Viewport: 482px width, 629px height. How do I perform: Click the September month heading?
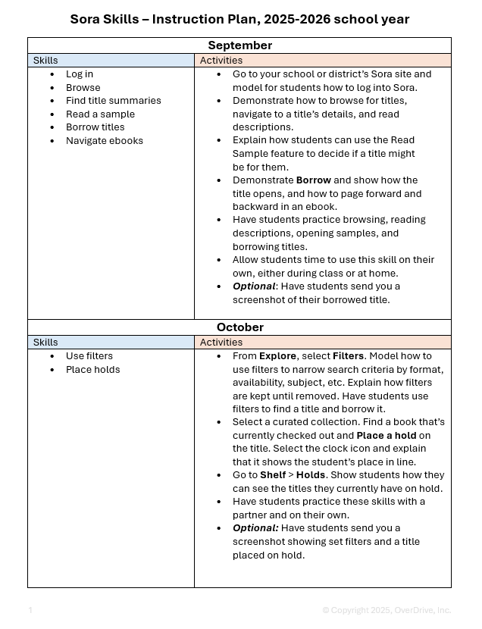[x=239, y=45]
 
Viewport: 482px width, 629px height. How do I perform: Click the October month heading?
[x=239, y=327]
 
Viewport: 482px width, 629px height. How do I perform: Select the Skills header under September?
[x=45, y=61]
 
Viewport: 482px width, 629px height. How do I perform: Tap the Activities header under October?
[x=221, y=343]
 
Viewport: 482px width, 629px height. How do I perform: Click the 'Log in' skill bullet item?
[x=80, y=74]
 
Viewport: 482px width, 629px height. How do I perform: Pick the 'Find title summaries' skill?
[x=113, y=101]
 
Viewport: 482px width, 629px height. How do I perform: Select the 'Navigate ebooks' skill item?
[x=104, y=141]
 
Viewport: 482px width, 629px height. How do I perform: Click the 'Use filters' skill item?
[x=89, y=356]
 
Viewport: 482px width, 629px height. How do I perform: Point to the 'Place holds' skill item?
[x=92, y=370]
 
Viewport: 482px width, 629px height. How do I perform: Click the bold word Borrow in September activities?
[x=314, y=180]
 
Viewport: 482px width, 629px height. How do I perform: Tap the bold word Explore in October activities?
[x=277, y=356]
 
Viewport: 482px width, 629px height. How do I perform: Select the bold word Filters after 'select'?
[x=348, y=356]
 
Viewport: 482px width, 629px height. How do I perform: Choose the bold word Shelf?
[x=273, y=475]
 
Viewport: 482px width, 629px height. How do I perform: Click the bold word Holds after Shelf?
[x=311, y=475]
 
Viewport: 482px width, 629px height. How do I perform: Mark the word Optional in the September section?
[x=253, y=286]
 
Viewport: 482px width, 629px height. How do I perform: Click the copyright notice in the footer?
[x=386, y=610]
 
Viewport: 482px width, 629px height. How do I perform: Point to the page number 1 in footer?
[x=30, y=610]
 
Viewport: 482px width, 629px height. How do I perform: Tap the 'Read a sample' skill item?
[x=100, y=114]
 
